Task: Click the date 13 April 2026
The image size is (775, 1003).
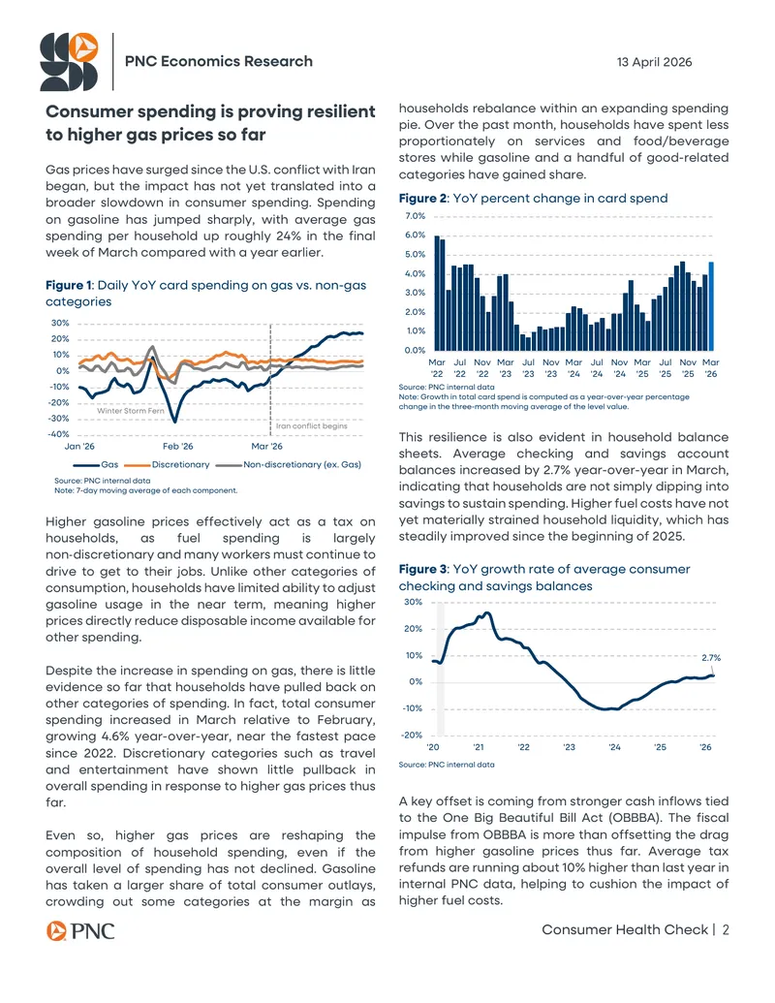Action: click(x=654, y=62)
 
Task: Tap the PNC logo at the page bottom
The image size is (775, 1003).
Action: click(x=80, y=930)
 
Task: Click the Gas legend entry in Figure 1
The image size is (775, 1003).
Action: click(x=95, y=464)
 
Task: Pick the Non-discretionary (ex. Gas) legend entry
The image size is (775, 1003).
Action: click(x=289, y=464)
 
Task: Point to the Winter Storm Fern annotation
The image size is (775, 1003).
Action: click(x=131, y=411)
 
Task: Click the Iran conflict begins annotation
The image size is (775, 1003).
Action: click(x=312, y=425)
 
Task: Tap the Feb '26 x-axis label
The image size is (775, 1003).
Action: click(x=177, y=446)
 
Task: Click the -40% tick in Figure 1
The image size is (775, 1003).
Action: click(x=59, y=434)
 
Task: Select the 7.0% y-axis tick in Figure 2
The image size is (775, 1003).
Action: click(x=415, y=216)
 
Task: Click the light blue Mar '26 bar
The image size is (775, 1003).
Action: click(x=711, y=306)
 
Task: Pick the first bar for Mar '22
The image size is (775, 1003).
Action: click(x=437, y=293)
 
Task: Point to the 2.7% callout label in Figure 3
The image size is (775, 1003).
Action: click(x=711, y=658)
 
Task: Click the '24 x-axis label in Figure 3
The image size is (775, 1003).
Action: click(x=614, y=746)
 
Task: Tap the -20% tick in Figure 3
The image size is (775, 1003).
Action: click(x=413, y=735)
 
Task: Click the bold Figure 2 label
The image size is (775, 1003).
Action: click(x=423, y=199)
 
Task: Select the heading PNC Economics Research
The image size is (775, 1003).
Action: click(x=219, y=61)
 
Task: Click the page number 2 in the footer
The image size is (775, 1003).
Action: click(x=726, y=930)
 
